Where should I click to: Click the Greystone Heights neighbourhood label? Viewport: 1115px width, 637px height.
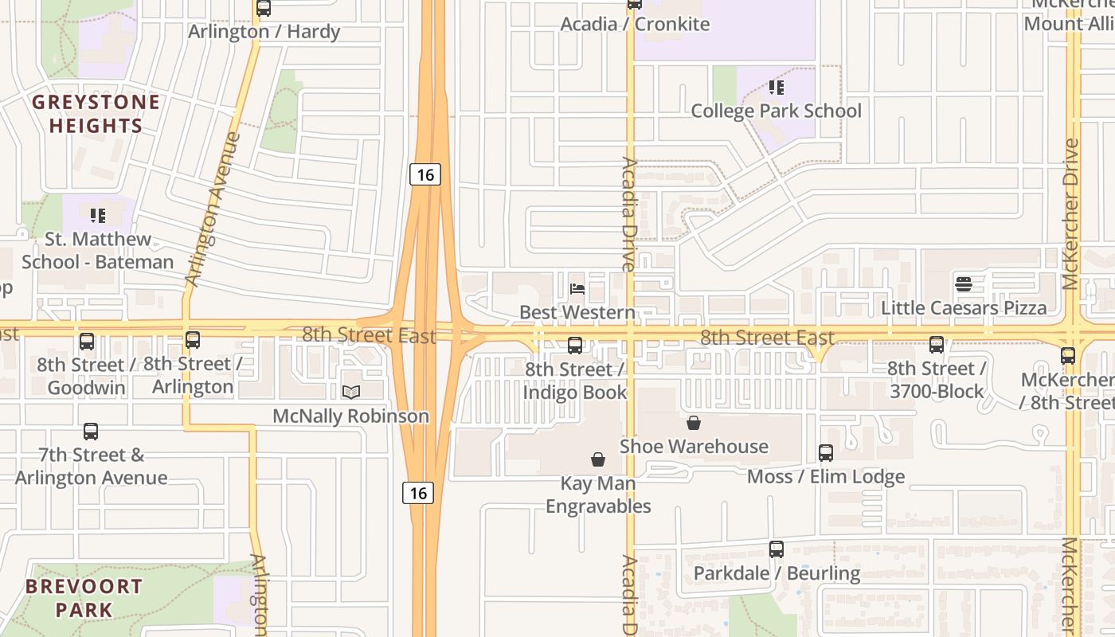96,114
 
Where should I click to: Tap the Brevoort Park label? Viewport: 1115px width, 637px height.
84,598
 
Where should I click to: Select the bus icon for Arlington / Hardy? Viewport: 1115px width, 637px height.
264,9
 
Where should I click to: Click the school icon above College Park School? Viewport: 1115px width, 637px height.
776,88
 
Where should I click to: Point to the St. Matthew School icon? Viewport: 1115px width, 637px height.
98,216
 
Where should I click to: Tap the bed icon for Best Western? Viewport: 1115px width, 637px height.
577,289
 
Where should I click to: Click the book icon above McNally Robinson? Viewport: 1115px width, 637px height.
351,392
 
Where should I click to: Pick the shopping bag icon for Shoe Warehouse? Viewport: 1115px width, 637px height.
694,423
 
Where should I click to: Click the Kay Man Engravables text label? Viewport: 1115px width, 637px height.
598,494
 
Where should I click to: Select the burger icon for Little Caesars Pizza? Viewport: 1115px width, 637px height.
964,284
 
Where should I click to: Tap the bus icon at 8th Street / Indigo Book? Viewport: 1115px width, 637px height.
575,346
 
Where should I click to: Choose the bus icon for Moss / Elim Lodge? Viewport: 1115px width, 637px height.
826,453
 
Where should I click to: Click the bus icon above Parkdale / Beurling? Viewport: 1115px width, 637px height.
777,549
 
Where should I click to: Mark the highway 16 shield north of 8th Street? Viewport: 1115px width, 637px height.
425,174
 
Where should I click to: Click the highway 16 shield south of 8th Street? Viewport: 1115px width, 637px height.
418,493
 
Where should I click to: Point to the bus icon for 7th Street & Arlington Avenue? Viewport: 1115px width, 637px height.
91,432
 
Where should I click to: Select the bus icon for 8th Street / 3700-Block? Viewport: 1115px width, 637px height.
937,345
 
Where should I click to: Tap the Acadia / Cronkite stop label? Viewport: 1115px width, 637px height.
635,24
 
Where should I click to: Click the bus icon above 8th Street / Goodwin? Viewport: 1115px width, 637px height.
86,342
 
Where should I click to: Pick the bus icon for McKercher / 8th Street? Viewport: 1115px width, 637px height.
1068,356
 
